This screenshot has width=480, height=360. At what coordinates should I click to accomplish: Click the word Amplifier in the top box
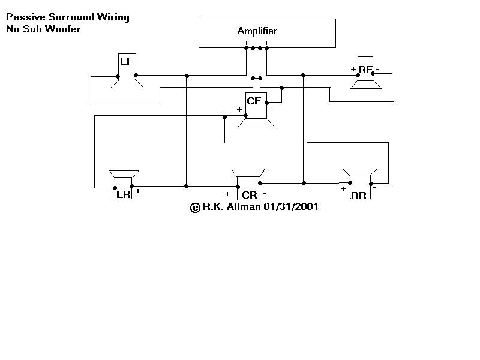pyautogui.click(x=257, y=31)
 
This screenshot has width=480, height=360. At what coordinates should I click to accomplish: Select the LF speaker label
pyautogui.click(x=127, y=61)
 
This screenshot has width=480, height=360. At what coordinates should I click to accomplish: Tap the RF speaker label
pyautogui.click(x=365, y=70)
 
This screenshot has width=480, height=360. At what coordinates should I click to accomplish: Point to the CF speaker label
pyautogui.click(x=254, y=101)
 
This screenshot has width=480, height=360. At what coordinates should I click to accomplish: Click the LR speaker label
pyautogui.click(x=124, y=194)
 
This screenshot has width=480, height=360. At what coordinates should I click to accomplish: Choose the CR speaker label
pyautogui.click(x=250, y=195)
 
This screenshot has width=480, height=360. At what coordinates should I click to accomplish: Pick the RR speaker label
pyautogui.click(x=359, y=196)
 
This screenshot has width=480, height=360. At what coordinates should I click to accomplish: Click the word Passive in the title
pyautogui.click(x=26, y=17)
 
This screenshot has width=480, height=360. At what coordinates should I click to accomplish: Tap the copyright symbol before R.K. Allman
pyautogui.click(x=195, y=208)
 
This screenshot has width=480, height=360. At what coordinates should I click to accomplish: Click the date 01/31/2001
pyautogui.click(x=291, y=206)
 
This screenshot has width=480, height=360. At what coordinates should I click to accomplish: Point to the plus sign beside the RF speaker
pyautogui.click(x=353, y=69)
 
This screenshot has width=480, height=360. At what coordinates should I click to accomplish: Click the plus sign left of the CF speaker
pyautogui.click(x=239, y=109)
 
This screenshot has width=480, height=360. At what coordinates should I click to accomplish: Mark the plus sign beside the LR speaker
pyautogui.click(x=138, y=191)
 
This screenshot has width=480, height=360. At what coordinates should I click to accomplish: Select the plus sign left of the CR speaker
pyautogui.click(x=227, y=194)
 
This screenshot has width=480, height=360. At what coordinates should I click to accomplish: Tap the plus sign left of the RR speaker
pyautogui.click(x=343, y=189)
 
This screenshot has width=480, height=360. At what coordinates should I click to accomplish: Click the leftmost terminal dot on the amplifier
pyautogui.click(x=246, y=48)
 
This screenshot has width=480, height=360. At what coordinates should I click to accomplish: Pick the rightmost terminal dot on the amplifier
pyautogui.click(x=266, y=48)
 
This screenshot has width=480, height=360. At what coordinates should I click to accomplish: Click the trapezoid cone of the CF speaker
pyautogui.click(x=256, y=123)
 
